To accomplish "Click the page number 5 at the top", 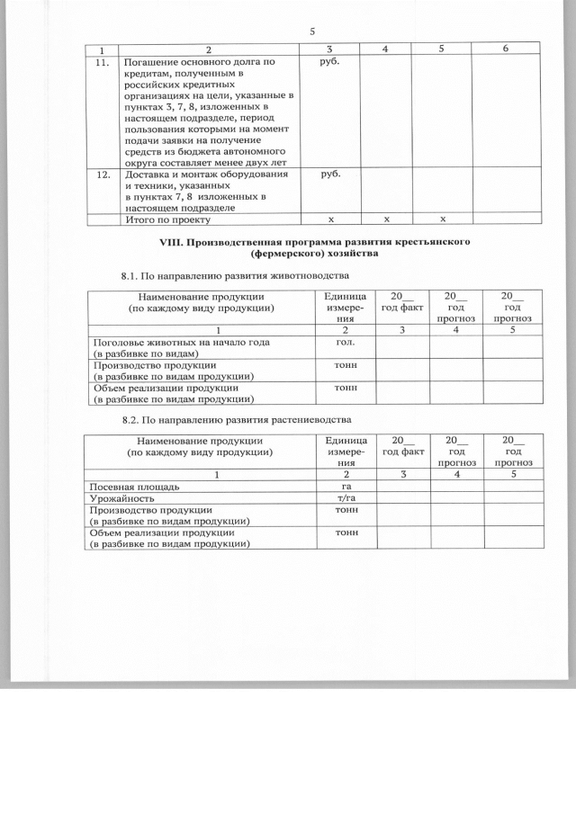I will click(311, 31).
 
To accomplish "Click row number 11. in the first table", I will click(103, 62).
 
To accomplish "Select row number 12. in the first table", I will click(103, 174).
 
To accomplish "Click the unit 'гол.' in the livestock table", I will click(344, 343).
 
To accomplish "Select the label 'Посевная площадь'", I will click(132, 486).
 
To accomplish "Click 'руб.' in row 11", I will click(330, 63).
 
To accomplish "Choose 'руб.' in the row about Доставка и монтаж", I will click(330, 174).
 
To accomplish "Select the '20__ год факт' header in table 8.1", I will click(401, 301).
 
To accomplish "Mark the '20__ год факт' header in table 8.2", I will click(402, 444).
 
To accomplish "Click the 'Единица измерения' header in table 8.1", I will click(344, 307).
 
